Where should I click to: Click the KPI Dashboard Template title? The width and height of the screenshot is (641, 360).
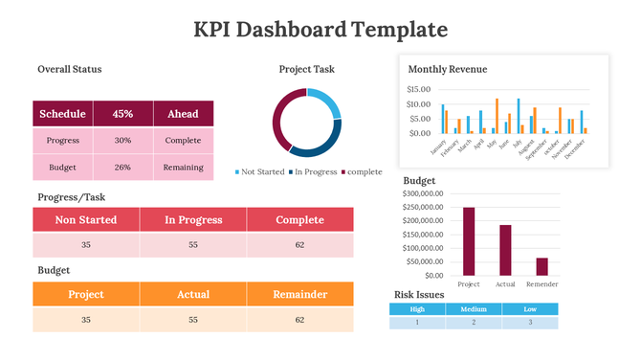[320, 30]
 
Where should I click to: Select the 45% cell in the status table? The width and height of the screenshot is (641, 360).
[122, 114]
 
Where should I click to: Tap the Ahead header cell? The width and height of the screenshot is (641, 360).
[183, 114]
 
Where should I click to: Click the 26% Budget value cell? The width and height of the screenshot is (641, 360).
[122, 168]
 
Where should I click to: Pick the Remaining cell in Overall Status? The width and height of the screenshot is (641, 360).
[183, 168]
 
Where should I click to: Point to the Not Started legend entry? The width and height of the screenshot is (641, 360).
[259, 172]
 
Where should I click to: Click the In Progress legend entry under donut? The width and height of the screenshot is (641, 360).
[313, 172]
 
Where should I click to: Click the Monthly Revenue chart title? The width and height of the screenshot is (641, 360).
[447, 69]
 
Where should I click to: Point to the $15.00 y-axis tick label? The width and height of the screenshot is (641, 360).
[419, 90]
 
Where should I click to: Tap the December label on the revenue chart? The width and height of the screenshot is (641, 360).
[575, 150]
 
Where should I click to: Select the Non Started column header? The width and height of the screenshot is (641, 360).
[86, 219]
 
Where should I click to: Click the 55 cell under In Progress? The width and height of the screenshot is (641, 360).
[193, 245]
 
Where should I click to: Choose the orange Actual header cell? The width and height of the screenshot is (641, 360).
[193, 294]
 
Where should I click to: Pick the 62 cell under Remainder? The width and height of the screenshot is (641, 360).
[300, 320]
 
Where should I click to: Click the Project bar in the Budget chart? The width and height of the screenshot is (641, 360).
[469, 240]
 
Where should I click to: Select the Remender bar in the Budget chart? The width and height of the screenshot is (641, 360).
[542, 265]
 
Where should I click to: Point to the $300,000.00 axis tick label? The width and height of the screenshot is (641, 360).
[422, 193]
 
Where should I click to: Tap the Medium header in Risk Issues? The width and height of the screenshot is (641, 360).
[474, 309]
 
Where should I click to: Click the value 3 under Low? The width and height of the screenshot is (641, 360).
[529, 323]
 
